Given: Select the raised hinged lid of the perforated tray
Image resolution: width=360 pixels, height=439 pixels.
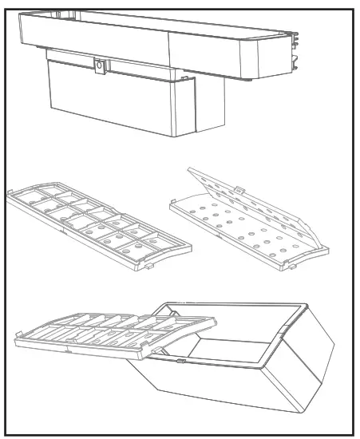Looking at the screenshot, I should pyautogui.click(x=247, y=200).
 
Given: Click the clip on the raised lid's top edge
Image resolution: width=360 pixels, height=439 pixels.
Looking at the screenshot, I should pyautogui.click(x=240, y=191).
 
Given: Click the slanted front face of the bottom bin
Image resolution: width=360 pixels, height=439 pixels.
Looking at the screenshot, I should pyautogui.click(x=216, y=391).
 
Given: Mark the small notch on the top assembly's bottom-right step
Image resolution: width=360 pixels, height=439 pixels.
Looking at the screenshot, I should pyautogui.click(x=185, y=79).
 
